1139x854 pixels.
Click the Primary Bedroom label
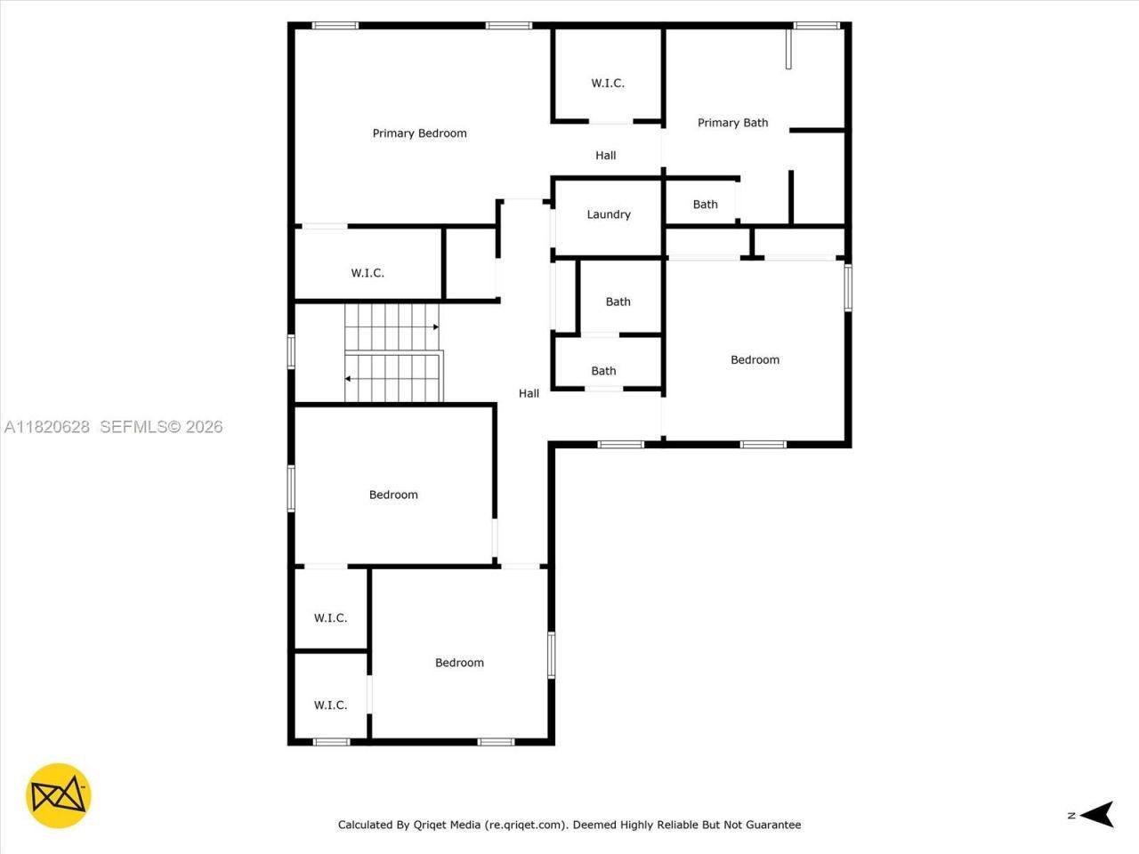[419, 133]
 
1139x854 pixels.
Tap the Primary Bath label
[732, 123]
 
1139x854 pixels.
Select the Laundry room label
[609, 214]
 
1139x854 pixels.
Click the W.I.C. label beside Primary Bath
[608, 84]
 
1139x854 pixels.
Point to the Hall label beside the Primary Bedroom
[606, 156]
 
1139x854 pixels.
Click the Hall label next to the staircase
[529, 393]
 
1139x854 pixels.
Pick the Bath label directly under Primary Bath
[706, 205]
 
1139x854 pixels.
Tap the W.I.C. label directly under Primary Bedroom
[368, 273]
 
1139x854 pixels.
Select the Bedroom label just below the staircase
[393, 495]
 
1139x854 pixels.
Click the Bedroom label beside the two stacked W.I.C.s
[459, 663]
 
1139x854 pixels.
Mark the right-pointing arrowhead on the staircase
[435, 327]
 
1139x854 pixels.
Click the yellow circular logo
[58, 795]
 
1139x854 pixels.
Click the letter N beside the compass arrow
[1071, 815]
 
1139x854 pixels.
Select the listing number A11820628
[47, 427]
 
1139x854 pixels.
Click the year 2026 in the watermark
[204, 427]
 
